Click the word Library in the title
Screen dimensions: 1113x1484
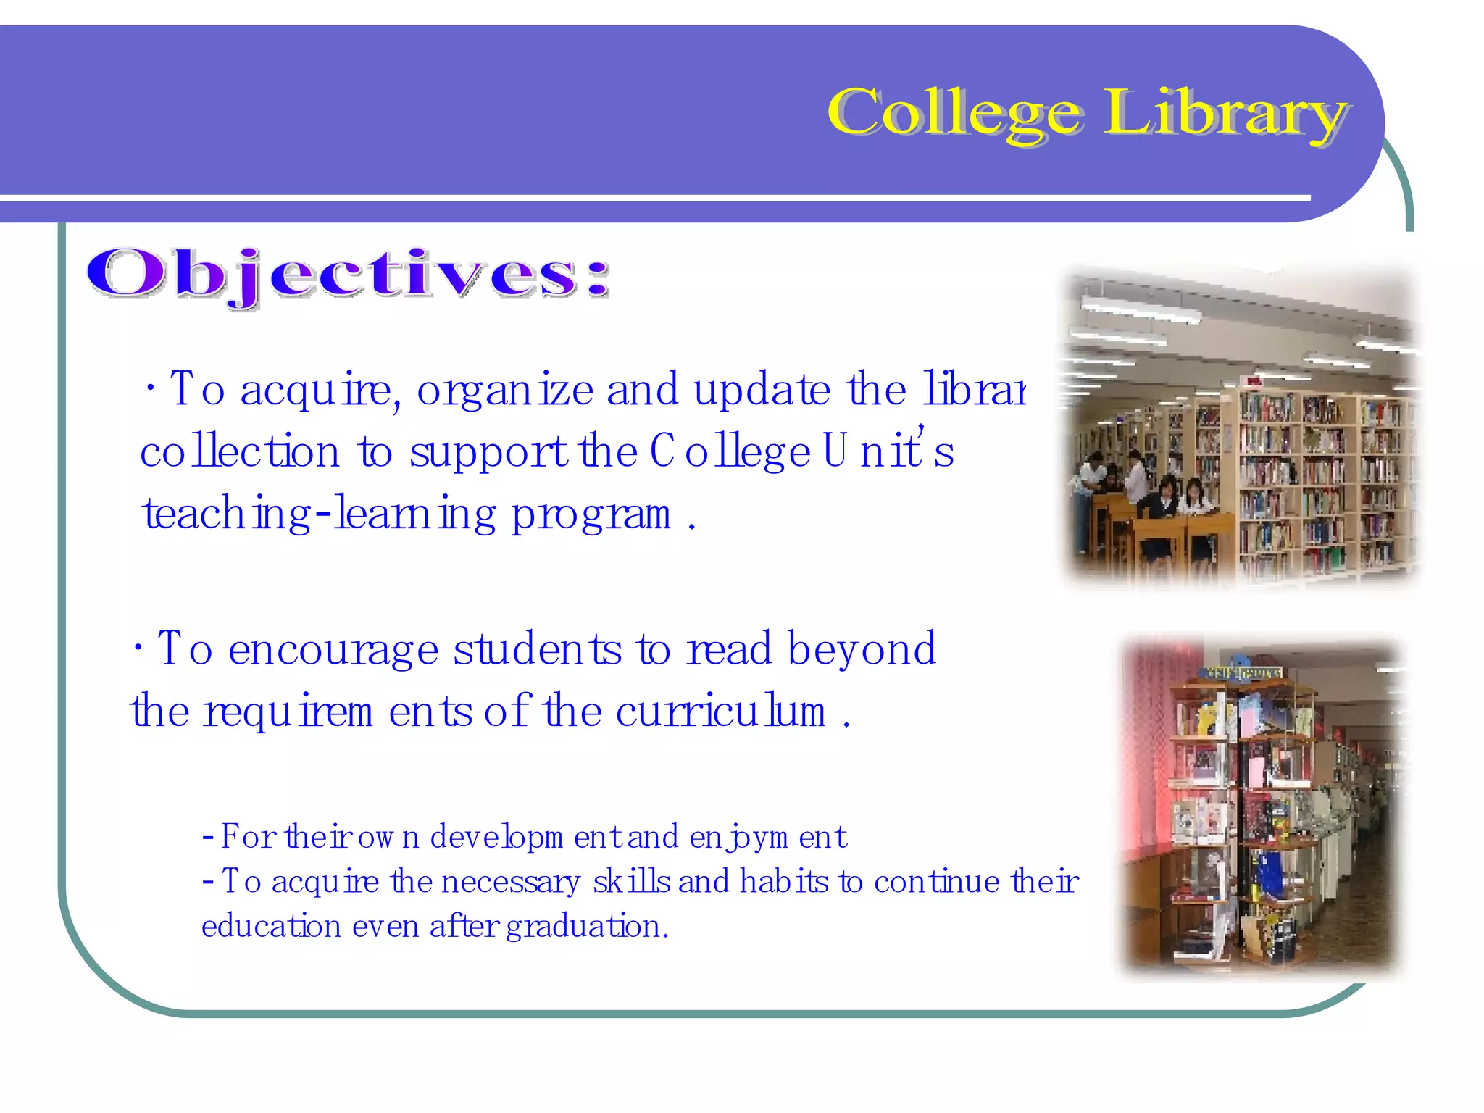click(x=1225, y=114)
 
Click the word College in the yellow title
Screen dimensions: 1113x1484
click(x=955, y=114)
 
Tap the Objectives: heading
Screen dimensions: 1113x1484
click(x=348, y=275)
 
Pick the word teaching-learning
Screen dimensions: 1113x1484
click(x=319, y=514)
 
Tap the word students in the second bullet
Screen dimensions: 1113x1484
click(x=537, y=649)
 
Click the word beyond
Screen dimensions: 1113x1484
click(x=862, y=649)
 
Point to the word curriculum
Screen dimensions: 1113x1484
click(x=721, y=712)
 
